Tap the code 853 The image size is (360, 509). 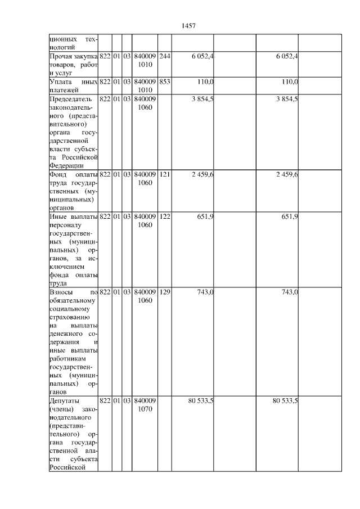164,82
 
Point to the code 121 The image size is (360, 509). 164,175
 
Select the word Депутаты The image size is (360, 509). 65,400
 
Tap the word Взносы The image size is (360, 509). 61,292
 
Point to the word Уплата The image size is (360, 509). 61,82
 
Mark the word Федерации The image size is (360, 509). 67,166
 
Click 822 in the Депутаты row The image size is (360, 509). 105,400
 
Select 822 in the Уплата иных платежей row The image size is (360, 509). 105,82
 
